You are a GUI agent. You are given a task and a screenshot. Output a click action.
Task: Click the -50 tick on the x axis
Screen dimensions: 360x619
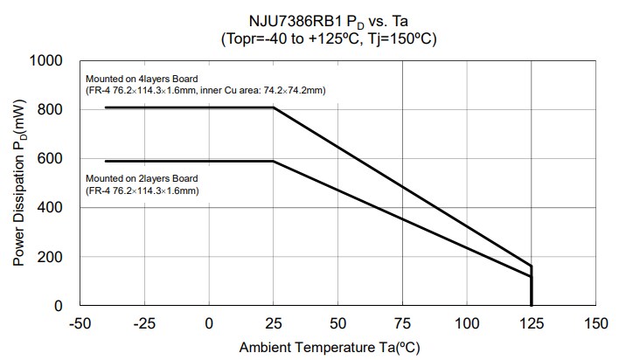pyautogui.click(x=80, y=323)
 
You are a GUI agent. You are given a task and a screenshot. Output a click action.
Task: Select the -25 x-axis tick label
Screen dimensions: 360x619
pyautogui.click(x=144, y=323)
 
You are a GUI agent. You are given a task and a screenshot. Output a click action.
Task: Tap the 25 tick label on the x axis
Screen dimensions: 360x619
pyautogui.click(x=274, y=323)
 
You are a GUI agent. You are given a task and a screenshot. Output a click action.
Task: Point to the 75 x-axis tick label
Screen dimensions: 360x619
pyautogui.click(x=402, y=323)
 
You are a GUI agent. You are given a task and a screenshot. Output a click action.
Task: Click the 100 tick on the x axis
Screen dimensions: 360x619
pyautogui.click(x=467, y=323)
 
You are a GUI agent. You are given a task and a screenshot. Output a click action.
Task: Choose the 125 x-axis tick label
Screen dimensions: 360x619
pyautogui.click(x=532, y=323)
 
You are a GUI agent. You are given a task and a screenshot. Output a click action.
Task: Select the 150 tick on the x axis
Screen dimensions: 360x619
pyautogui.click(x=596, y=323)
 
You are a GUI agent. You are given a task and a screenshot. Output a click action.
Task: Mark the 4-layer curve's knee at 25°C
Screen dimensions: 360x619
pyautogui.click(x=274, y=107)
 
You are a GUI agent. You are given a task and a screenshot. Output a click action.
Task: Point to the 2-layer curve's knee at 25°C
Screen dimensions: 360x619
pyautogui.click(x=274, y=161)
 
